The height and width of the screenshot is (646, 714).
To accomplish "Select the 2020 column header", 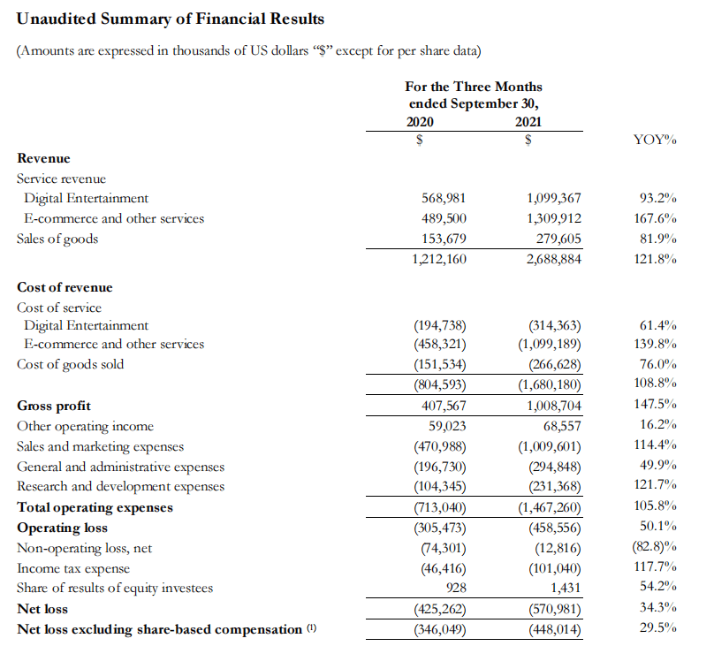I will [x=422, y=121].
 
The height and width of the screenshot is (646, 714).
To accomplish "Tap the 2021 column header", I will [x=528, y=121].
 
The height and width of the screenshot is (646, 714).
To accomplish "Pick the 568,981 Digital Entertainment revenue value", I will [x=445, y=198].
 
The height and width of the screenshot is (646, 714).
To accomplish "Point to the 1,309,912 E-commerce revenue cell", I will [x=553, y=218].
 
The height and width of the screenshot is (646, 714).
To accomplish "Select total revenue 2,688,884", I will [x=553, y=259].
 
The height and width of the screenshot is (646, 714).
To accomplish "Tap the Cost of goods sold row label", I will [x=71, y=364].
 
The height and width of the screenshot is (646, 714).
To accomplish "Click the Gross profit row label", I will [x=54, y=406].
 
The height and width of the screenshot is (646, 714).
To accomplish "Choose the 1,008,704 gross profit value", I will [x=553, y=406].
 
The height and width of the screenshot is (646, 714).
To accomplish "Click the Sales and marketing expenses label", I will [x=101, y=446].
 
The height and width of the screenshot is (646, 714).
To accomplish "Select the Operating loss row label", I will [x=63, y=528].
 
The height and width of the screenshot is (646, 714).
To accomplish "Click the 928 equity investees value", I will [x=455, y=588].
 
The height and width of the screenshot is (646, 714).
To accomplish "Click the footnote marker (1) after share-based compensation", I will [x=310, y=629].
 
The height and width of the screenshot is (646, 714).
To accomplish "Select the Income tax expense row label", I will [x=73, y=568].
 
